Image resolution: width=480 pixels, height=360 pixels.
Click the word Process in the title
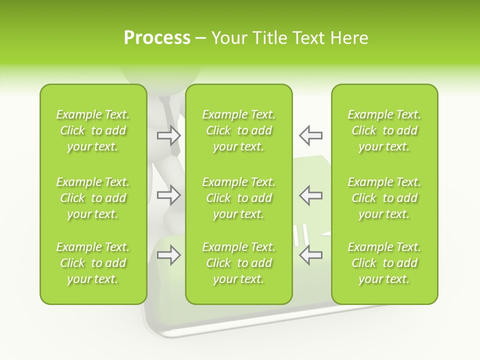tap(157, 38)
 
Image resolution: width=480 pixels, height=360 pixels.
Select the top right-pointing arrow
tap(169, 135)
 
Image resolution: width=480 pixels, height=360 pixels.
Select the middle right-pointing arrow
tap(169, 195)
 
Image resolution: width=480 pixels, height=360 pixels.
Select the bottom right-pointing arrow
tap(169, 255)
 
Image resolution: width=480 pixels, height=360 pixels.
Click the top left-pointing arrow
tap(310, 135)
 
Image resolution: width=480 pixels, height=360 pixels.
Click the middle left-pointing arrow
tap(310, 195)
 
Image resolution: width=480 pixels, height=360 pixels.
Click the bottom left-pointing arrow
tap(310, 255)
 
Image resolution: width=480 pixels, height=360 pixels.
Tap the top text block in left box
tap(93, 130)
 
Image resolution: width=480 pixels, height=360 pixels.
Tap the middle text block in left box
tap(93, 198)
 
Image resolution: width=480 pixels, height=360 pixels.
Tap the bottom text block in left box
tap(93, 263)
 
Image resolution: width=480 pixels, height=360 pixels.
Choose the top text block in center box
tap(239, 130)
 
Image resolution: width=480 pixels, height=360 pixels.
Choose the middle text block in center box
tap(239, 198)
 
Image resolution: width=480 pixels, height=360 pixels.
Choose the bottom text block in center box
tap(239, 263)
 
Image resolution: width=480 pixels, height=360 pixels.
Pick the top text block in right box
tap(384, 130)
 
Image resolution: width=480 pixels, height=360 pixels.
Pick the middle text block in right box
tap(384, 198)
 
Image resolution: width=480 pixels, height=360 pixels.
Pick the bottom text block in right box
tap(384, 263)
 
